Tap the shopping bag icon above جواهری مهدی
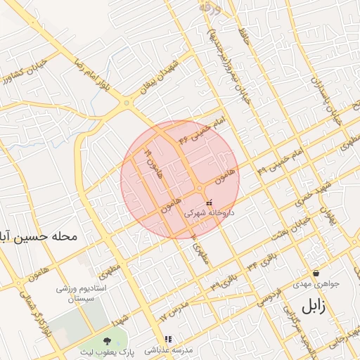click(316, 273)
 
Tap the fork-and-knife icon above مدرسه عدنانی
click(168, 339)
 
